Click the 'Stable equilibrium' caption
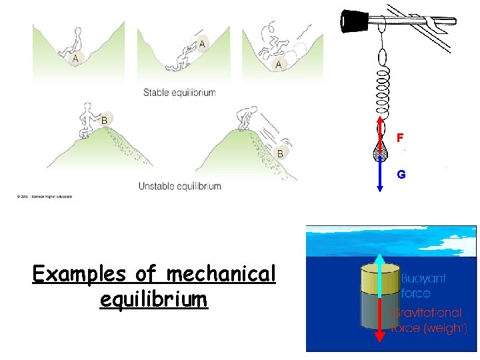coord(179,93)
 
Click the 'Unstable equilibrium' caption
coord(179,186)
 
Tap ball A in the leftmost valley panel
coord(75,59)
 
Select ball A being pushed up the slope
coord(202,43)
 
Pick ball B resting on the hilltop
coord(103,120)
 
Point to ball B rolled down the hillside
coord(281,153)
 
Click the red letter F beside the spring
coord(400,138)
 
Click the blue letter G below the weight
coord(401,175)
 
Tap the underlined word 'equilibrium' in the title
coord(153,299)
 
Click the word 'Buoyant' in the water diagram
coord(423,278)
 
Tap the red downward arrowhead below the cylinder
coord(379,336)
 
